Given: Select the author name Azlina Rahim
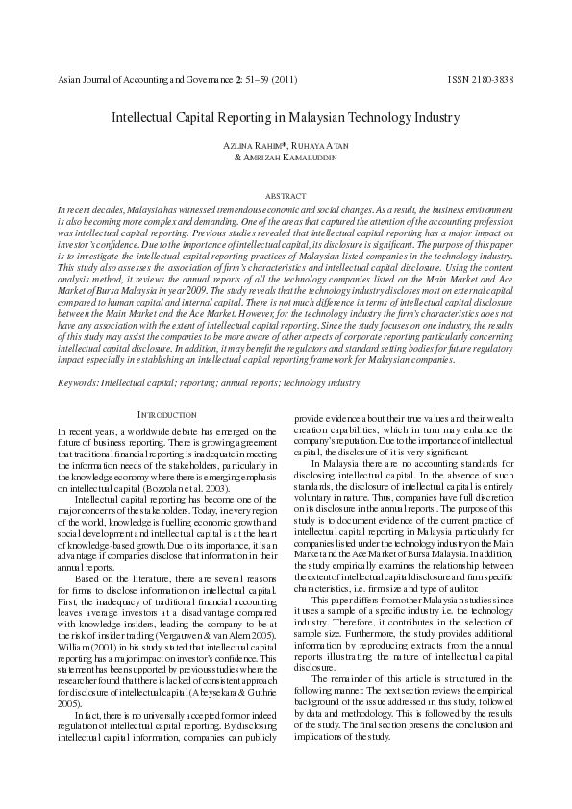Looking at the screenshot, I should tap(253, 144).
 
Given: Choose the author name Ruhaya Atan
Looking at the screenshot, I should tap(318, 144).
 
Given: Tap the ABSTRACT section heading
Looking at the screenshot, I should tap(286, 196).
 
